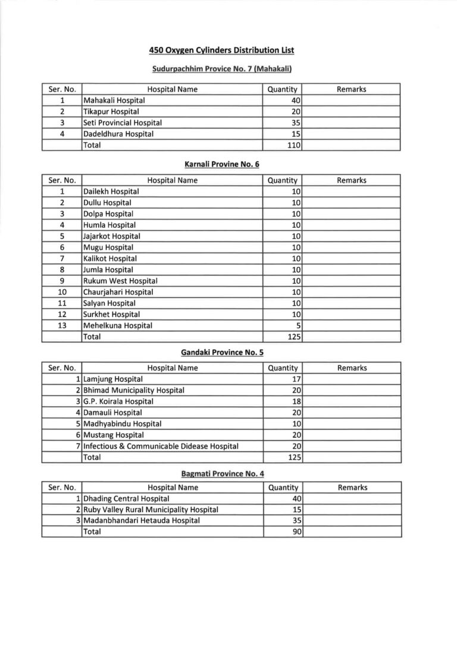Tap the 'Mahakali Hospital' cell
click(114, 101)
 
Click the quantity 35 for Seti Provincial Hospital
click(294, 123)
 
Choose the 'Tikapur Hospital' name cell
click(111, 112)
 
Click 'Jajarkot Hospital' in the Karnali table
click(112, 236)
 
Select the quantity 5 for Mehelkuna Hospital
click(296, 325)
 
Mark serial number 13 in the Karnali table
click(62, 325)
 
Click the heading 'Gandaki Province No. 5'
click(222, 353)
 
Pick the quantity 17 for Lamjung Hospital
click(295, 379)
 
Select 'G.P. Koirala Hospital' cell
click(118, 402)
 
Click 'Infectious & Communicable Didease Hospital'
click(161, 446)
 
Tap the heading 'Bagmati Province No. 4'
click(223, 473)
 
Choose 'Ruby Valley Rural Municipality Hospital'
click(151, 510)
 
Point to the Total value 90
click(295, 532)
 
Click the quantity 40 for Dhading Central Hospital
click(295, 498)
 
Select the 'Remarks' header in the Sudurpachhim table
click(351, 89)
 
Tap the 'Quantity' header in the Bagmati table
click(283, 488)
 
